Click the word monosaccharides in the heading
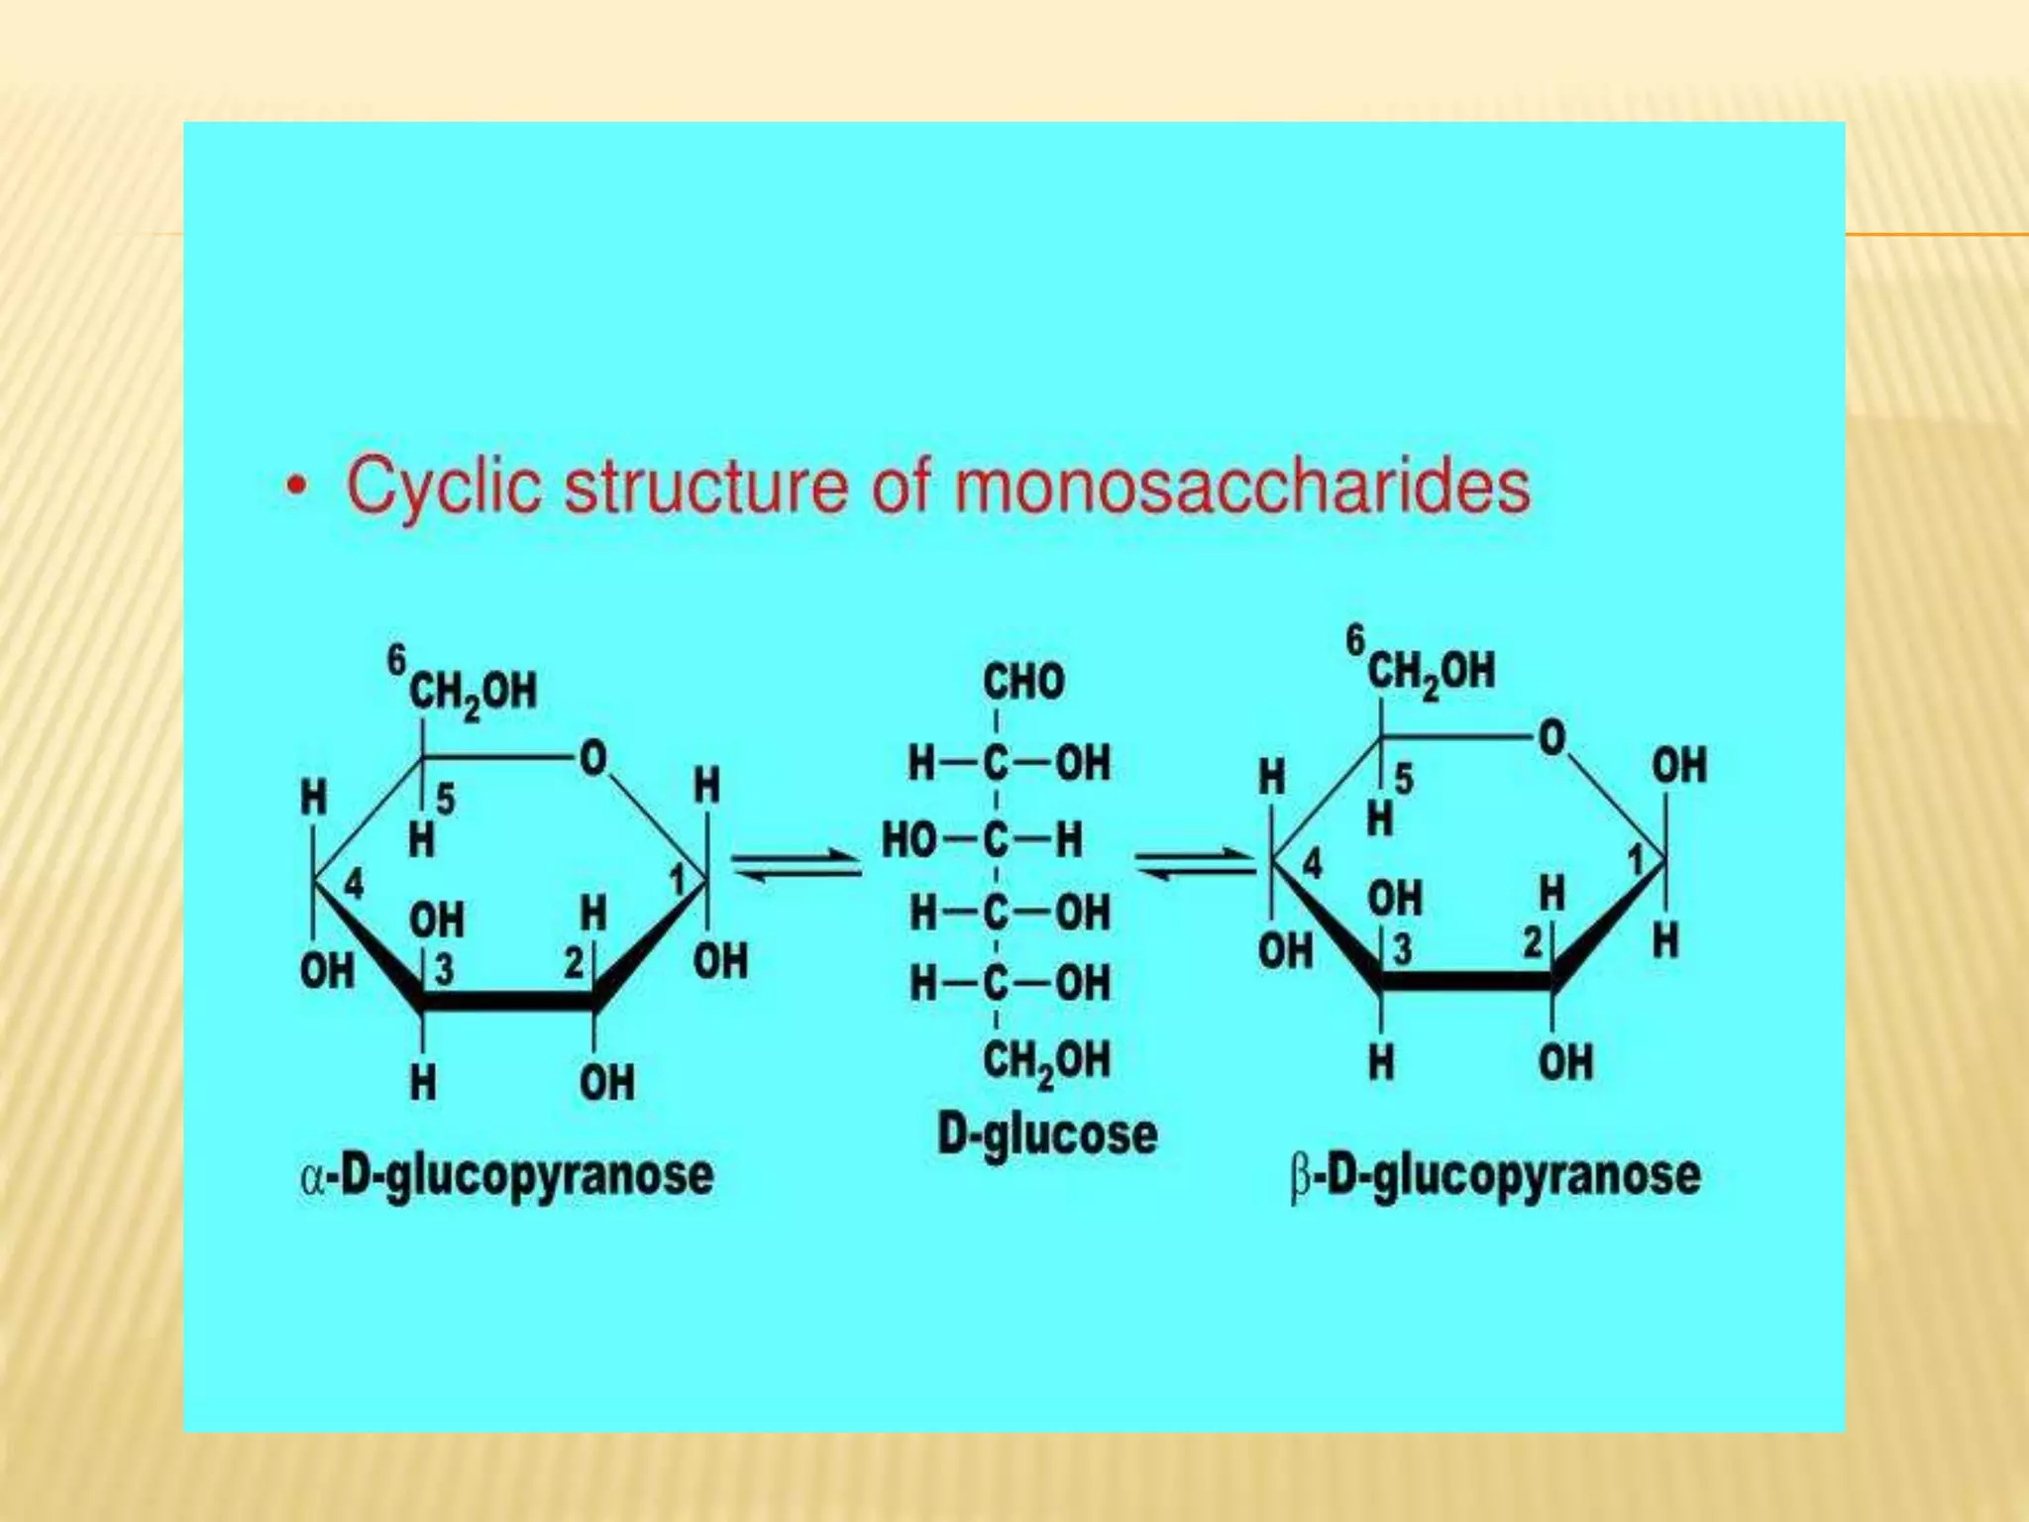click(1241, 486)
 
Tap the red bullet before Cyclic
click(295, 488)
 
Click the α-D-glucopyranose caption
click(506, 1176)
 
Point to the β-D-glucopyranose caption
click(1495, 1176)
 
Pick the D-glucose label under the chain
click(1046, 1135)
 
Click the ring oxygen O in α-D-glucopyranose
click(592, 759)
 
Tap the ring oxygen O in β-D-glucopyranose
click(1551, 738)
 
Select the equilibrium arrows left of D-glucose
click(796, 864)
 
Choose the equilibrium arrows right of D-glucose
click(1197, 862)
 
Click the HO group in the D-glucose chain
click(908, 840)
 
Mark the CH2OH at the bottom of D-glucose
click(1046, 1060)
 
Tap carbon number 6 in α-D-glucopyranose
click(396, 660)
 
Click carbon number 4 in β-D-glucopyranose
click(1312, 864)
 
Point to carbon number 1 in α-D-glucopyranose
click(678, 879)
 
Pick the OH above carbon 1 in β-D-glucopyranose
click(1678, 766)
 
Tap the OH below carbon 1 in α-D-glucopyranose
click(720, 961)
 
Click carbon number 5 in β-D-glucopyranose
click(1404, 780)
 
